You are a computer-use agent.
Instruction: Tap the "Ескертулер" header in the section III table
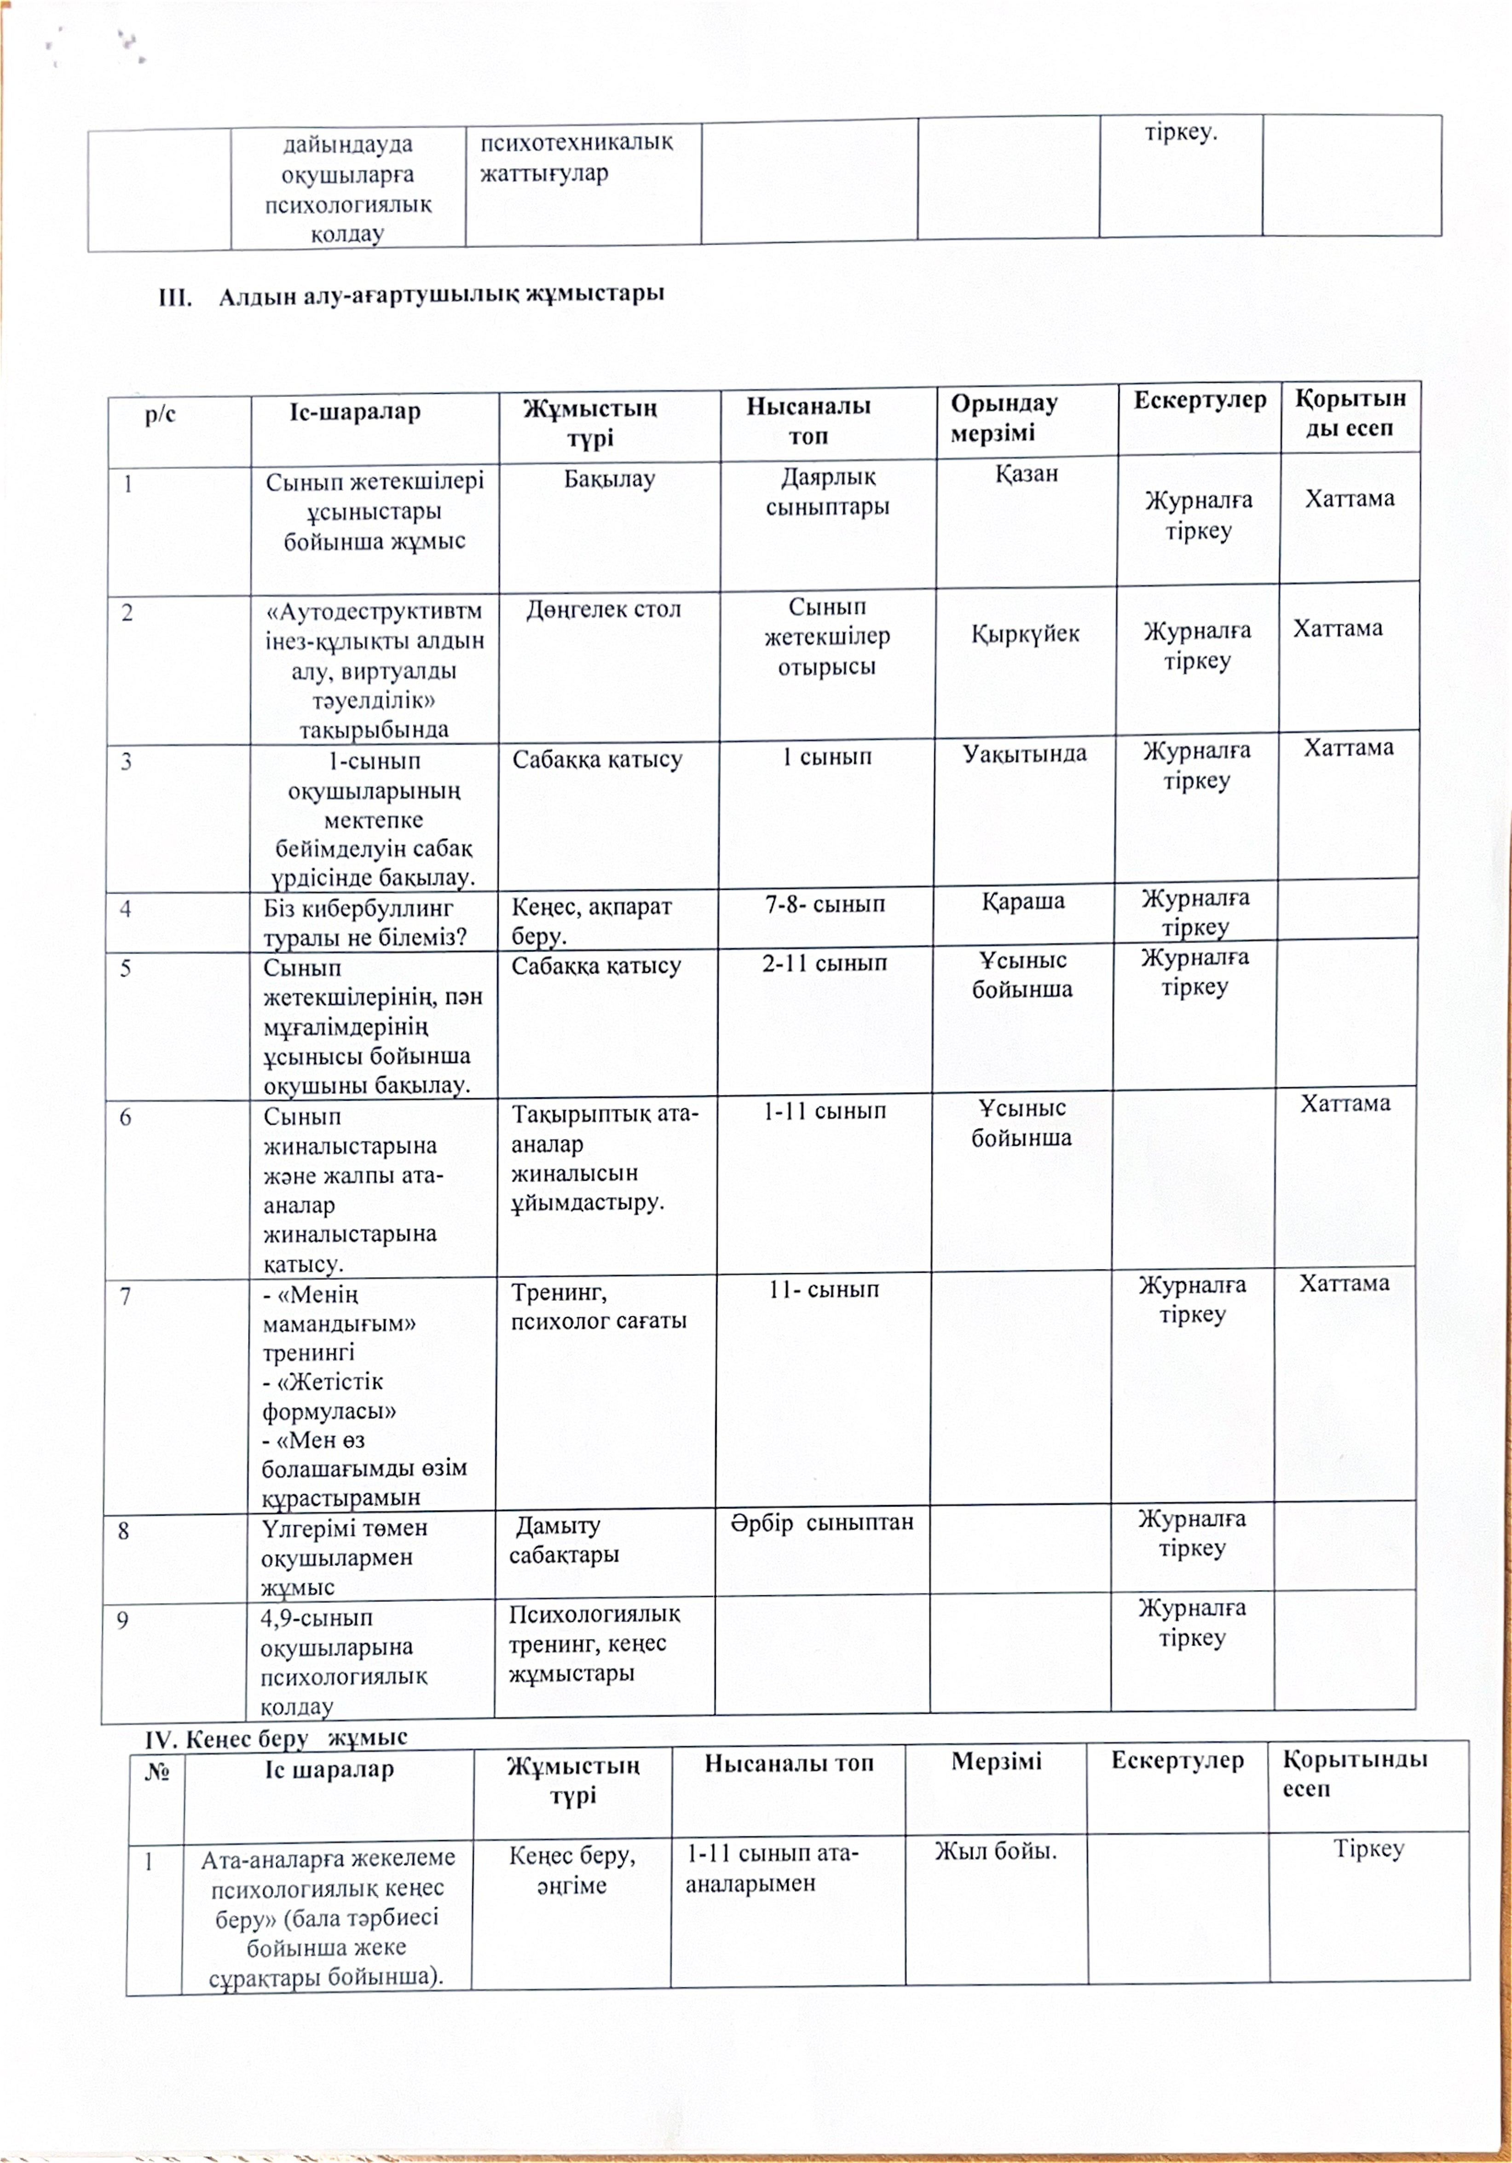coord(1199,400)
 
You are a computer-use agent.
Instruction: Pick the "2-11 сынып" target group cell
coord(824,963)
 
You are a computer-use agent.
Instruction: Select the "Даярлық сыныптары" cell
coord(827,492)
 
